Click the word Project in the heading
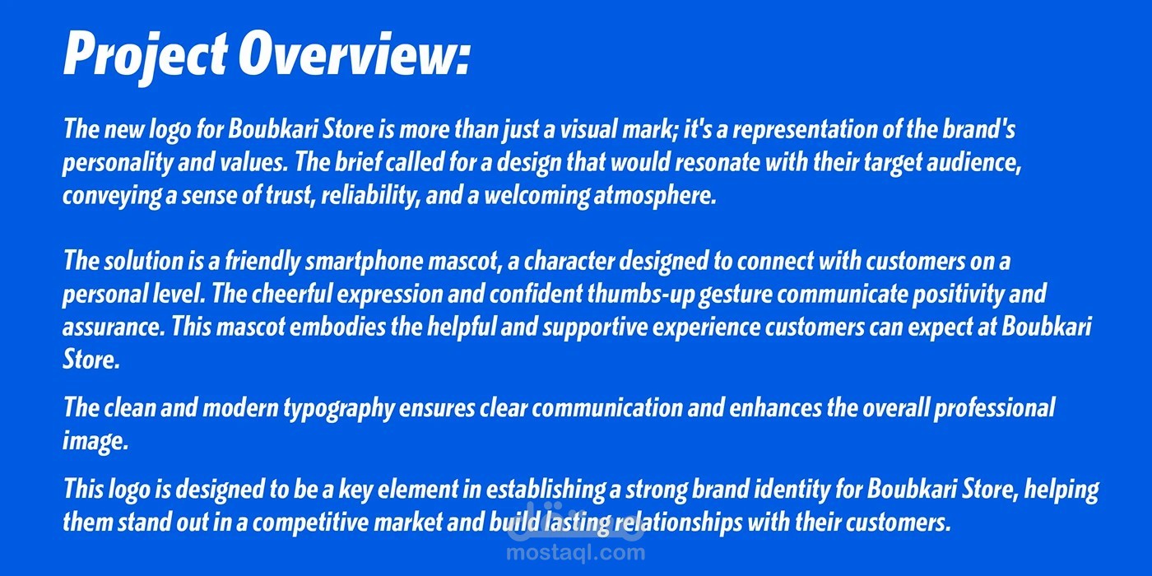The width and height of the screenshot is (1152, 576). (x=145, y=57)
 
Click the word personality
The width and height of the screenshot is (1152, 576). (x=117, y=164)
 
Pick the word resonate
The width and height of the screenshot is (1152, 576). (x=717, y=163)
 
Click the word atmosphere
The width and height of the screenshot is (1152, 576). (x=655, y=197)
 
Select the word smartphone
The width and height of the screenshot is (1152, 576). (x=364, y=262)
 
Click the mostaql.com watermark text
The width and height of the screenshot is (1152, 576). (x=575, y=553)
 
